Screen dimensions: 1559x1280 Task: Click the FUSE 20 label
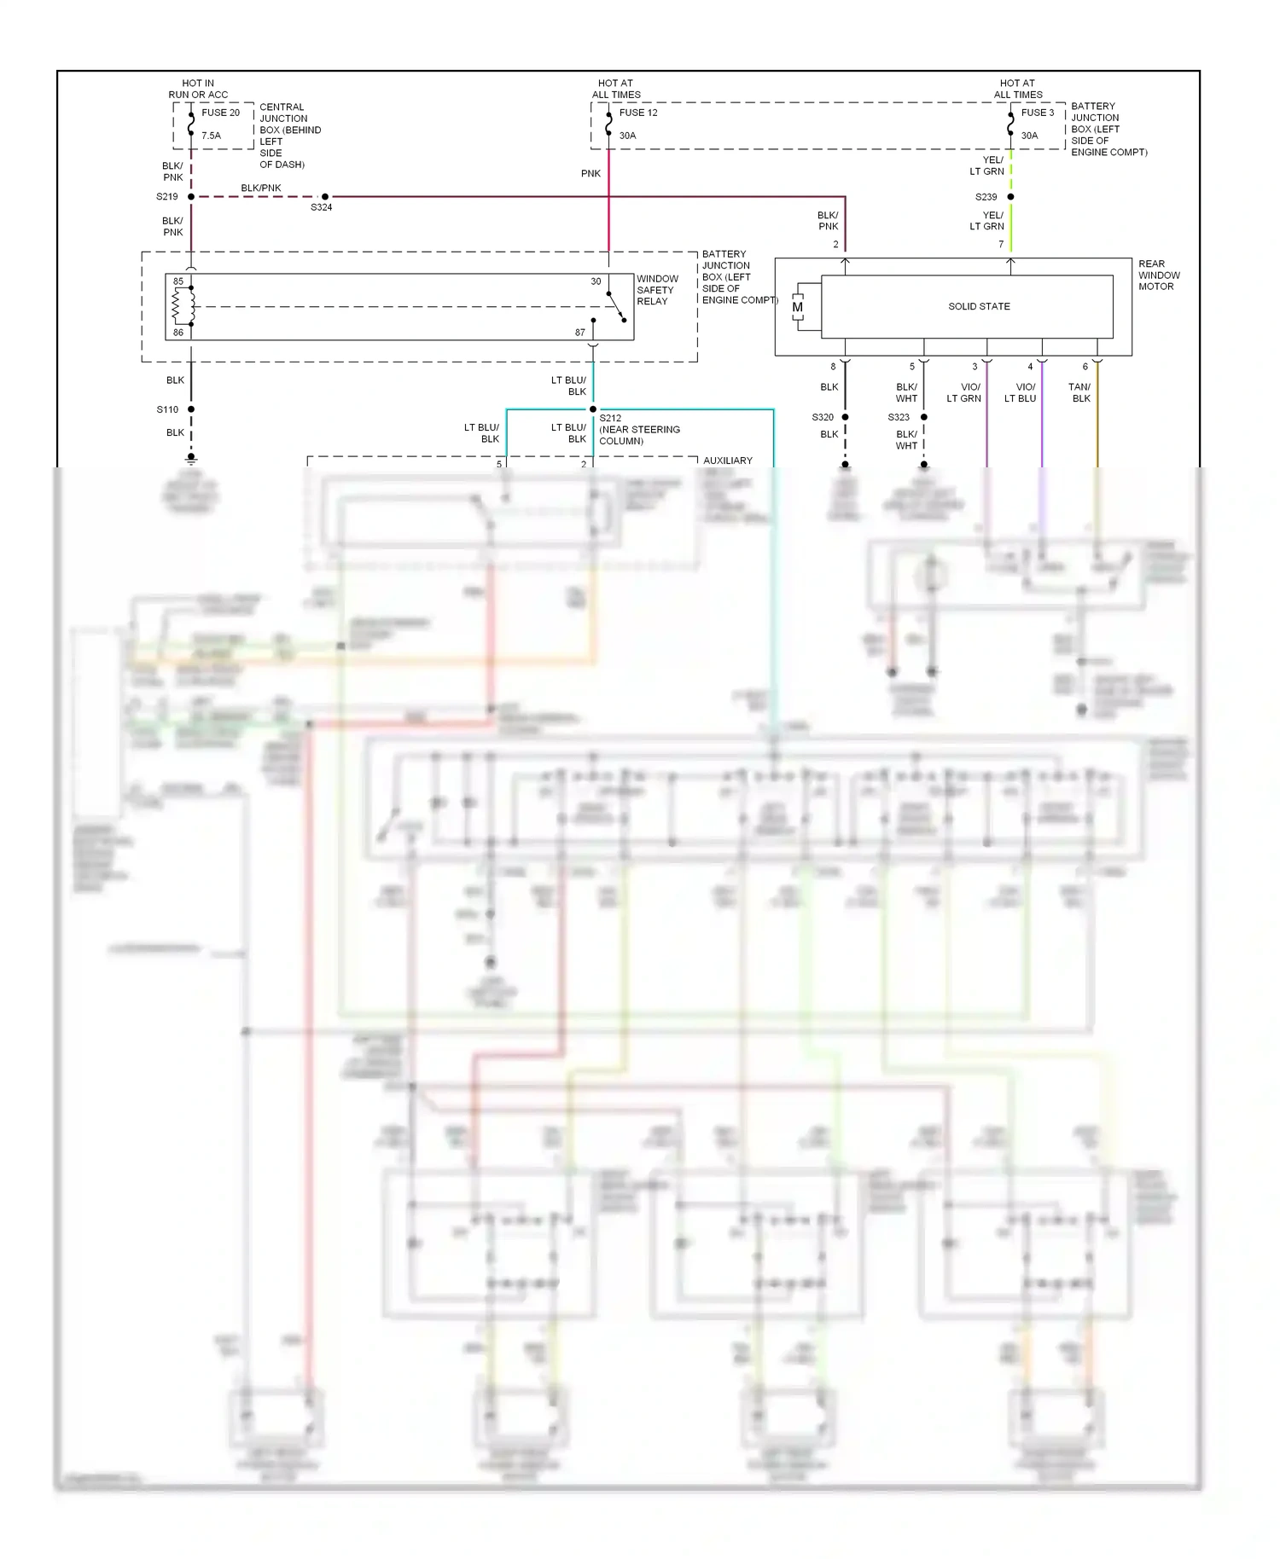(220, 113)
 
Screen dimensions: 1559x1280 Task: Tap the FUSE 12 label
(638, 113)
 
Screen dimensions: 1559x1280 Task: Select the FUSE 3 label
(1038, 113)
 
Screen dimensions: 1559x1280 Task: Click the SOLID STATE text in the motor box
(979, 306)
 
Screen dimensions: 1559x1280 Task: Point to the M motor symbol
(798, 307)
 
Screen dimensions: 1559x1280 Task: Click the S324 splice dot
(325, 197)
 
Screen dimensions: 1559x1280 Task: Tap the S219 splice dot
(191, 197)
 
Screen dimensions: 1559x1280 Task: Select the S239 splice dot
(1011, 197)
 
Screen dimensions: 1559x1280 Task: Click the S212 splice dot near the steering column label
(593, 409)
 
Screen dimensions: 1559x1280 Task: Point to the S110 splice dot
(191, 409)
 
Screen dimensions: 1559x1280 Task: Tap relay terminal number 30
(596, 281)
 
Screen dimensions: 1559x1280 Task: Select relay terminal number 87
(580, 333)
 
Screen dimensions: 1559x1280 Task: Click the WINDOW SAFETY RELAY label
(657, 290)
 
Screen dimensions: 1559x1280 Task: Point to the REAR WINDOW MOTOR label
(1159, 275)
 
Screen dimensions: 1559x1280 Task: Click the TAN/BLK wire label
(1080, 392)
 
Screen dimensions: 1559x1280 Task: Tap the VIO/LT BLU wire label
(1021, 392)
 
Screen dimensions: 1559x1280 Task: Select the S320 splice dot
(846, 417)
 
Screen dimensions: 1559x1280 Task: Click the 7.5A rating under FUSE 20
(211, 136)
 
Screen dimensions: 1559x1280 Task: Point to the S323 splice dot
(924, 417)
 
